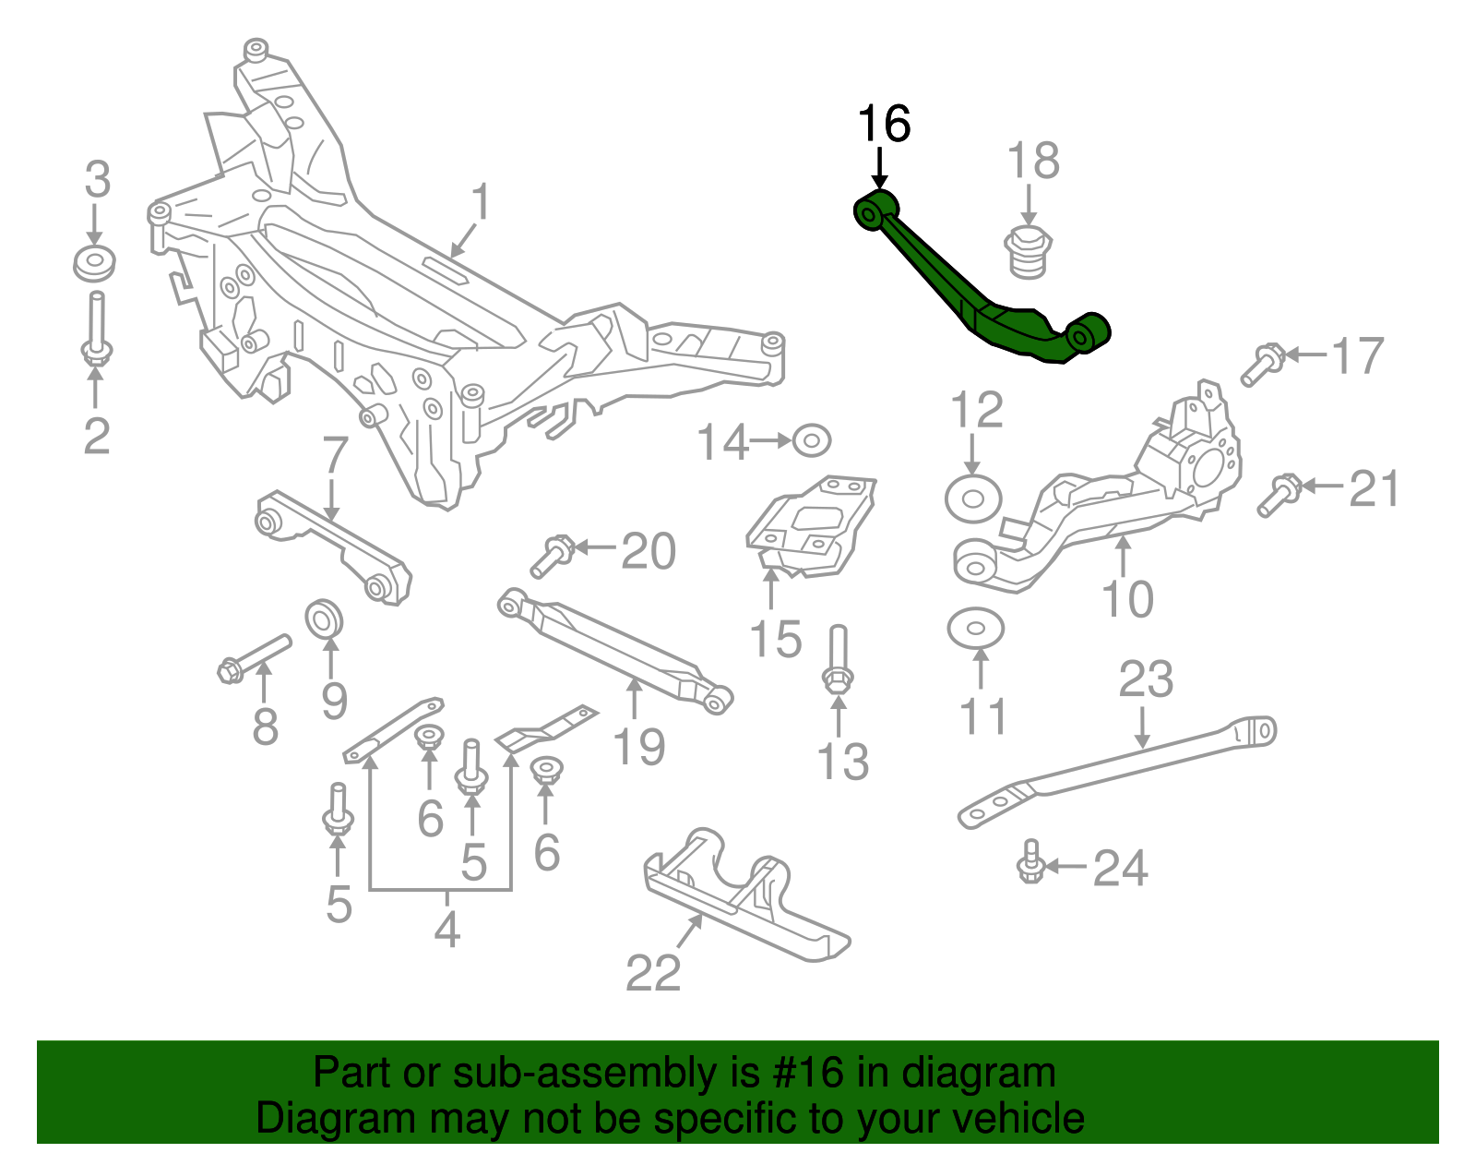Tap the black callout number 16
(x=884, y=124)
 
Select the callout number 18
(x=1033, y=162)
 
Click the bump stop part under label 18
(x=1028, y=252)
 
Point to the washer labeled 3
(x=94, y=264)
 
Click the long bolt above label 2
(x=96, y=328)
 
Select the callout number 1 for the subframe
(x=480, y=202)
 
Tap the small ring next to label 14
(x=811, y=440)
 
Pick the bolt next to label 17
(x=1262, y=364)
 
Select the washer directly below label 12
(x=973, y=499)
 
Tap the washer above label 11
(x=975, y=630)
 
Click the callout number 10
(x=1127, y=600)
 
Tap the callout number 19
(x=638, y=746)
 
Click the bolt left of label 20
(x=553, y=556)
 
